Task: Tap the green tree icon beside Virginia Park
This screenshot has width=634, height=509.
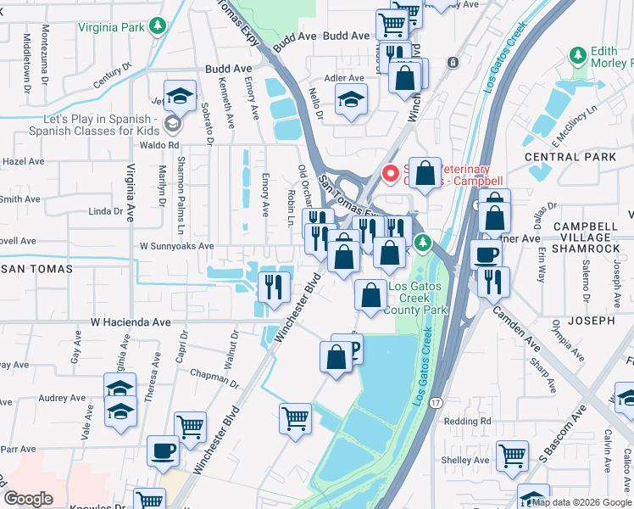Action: pos(156,26)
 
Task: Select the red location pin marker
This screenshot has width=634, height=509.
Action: pos(391,172)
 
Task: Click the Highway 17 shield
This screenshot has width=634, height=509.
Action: pos(435,400)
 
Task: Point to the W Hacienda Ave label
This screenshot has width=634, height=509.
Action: pos(131,322)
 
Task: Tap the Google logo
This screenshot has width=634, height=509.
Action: pos(28,499)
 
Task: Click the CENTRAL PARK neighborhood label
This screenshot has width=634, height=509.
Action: pos(570,157)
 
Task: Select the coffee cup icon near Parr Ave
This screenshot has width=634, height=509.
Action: pos(162,450)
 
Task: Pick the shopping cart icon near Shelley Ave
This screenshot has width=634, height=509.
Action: pos(512,456)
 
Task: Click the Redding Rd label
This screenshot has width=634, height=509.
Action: pos(467,422)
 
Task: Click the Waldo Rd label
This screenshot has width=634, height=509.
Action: pos(161,145)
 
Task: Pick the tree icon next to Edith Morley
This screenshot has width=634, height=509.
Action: pos(578,56)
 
